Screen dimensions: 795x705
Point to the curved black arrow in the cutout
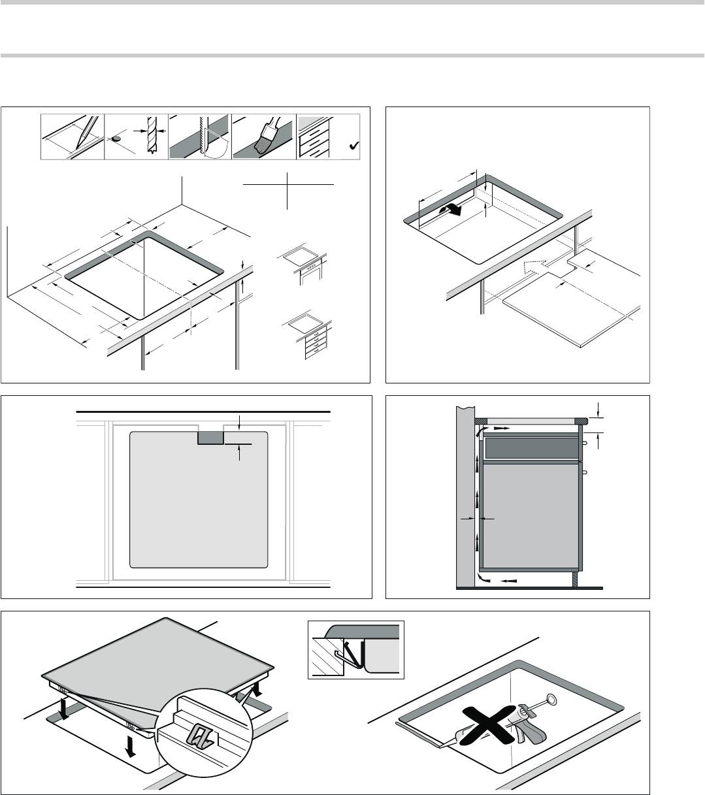[x=451, y=210]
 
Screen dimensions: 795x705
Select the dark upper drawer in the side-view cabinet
[x=531, y=448]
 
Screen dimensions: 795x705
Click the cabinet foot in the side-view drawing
[x=574, y=578]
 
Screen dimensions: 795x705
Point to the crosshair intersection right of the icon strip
[x=287, y=185]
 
